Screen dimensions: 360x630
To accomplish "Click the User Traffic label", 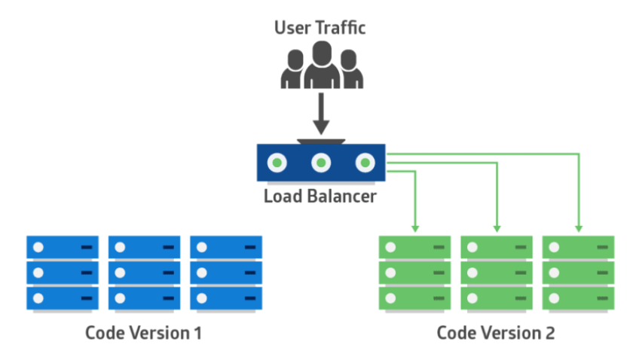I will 320,29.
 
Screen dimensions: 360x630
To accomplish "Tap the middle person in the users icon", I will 322,64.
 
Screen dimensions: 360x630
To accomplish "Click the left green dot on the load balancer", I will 278,162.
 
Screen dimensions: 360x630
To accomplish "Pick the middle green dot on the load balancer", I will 322,162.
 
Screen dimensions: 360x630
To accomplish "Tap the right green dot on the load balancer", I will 365,162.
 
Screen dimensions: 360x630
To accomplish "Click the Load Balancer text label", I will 320,198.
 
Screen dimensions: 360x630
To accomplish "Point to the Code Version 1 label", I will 143,332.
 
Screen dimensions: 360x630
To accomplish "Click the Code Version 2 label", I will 496,332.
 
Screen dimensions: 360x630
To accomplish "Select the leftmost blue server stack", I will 63,272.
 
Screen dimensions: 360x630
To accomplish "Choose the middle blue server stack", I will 144,272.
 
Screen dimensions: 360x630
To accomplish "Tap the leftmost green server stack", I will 414,272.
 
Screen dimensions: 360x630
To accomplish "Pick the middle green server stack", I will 497,272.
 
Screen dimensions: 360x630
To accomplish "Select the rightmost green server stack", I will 579,272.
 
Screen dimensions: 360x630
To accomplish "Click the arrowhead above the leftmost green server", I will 414,227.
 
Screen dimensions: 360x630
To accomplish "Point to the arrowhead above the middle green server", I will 497,227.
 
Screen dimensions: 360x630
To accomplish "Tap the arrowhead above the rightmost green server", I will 579,227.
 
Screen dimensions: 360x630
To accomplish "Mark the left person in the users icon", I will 293,70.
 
